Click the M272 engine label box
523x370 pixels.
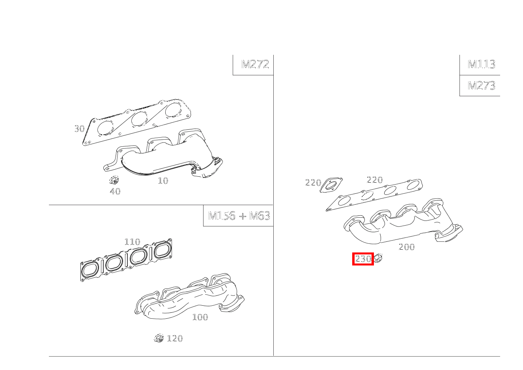[x=255, y=64]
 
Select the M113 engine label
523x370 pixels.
[x=481, y=64]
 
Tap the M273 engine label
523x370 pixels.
[x=481, y=86]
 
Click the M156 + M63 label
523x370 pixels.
[x=239, y=216]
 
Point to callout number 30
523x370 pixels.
[x=79, y=129]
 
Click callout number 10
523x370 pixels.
[x=163, y=181]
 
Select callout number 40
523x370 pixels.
[x=115, y=191]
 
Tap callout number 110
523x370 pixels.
[x=132, y=242]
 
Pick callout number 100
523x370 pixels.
[x=200, y=317]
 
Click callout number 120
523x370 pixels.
[x=175, y=338]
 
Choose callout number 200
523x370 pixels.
[x=407, y=247]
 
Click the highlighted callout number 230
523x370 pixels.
[x=363, y=259]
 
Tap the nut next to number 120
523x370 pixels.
[x=159, y=338]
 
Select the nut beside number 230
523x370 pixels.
[x=378, y=258]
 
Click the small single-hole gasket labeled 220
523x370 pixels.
[x=331, y=186]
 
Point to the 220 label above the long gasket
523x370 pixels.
[x=374, y=180]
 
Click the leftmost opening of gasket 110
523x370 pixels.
[x=90, y=270]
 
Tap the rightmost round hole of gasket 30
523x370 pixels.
[x=173, y=110]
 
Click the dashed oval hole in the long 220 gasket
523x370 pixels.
[x=367, y=195]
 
